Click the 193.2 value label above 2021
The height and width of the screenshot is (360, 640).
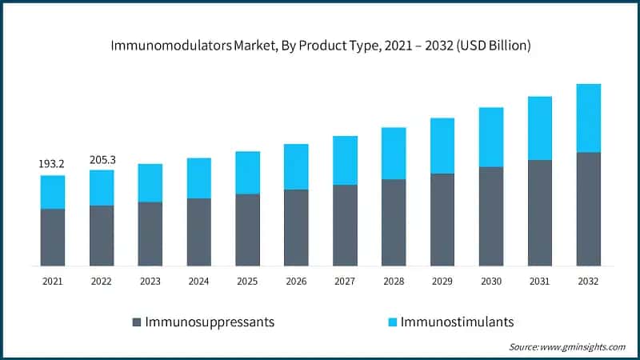pos(52,164)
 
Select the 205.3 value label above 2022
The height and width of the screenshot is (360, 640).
pos(102,159)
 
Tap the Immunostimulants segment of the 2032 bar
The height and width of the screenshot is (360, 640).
pos(588,118)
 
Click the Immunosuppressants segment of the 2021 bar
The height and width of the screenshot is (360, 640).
pos(53,237)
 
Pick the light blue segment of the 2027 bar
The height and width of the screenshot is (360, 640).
pos(345,160)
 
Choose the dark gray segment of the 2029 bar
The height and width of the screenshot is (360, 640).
pos(442,219)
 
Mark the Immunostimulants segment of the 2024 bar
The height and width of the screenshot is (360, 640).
pos(199,178)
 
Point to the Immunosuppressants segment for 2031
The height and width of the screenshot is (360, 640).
pos(540,213)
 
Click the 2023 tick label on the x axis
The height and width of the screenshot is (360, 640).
pos(150,282)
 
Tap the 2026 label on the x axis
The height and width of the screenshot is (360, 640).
pos(296,282)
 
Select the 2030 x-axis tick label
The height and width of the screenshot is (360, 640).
pos(491,282)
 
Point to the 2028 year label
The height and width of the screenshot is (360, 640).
pos(394,282)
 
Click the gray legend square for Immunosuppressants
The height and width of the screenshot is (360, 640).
pos(137,322)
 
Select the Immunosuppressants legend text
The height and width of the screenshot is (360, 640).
pos(209,322)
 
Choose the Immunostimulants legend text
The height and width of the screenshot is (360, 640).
pos(457,322)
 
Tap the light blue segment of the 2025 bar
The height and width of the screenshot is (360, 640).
pos(247,172)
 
